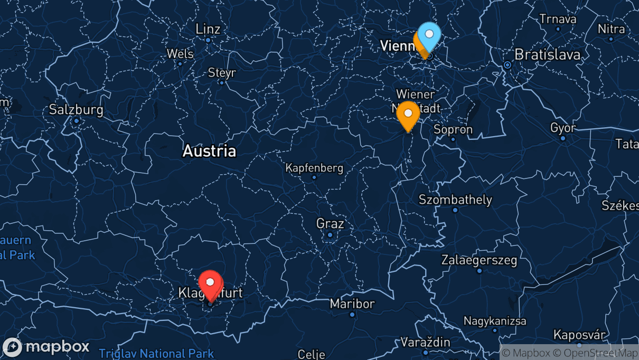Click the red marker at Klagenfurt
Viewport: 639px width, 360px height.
pos(210,283)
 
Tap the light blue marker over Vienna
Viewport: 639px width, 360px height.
pos(429,35)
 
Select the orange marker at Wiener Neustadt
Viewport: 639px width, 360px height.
pos(408,113)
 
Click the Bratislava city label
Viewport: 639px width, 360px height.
pos(547,54)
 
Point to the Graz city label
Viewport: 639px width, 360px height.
pos(330,223)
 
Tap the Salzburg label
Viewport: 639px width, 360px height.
pos(76,110)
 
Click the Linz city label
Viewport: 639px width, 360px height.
pos(208,29)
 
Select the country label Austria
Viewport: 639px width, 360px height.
pos(209,151)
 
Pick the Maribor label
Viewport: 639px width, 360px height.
pos(352,304)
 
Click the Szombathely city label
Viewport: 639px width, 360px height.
pos(455,200)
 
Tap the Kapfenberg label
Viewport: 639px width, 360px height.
pos(314,168)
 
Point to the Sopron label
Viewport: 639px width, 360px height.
pos(453,129)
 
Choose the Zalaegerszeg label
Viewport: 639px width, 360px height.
pos(480,260)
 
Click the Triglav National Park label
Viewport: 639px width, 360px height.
pos(156,353)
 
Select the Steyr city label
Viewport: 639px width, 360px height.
pos(222,72)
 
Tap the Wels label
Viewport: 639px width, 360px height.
pos(180,53)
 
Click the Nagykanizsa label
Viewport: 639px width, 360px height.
pos(495,320)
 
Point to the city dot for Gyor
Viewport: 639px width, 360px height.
pos(563,138)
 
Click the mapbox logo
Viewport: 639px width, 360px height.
pos(46,347)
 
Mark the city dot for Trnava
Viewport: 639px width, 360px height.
pos(558,29)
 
